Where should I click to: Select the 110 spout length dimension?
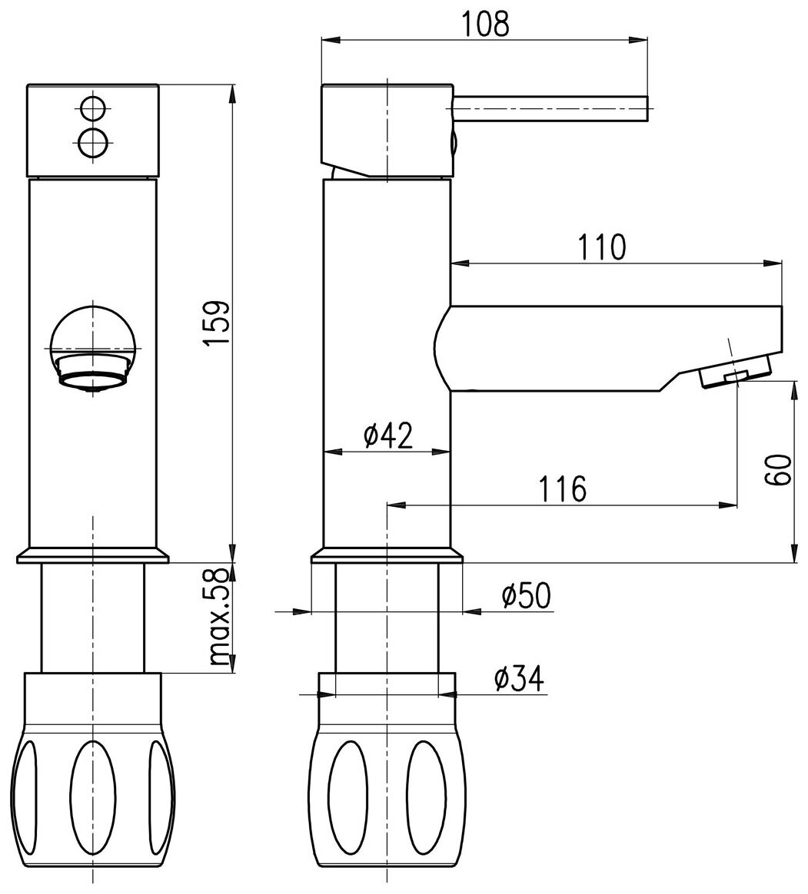tap(604, 248)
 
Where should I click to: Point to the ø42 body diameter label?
tap(387, 436)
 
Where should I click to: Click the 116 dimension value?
tap(562, 488)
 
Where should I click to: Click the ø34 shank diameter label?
tap(518, 679)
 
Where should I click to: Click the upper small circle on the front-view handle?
tap(93, 108)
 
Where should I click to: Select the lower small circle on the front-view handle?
tap(93, 142)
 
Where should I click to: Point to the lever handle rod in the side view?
tap(550, 109)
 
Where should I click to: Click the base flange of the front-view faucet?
tap(92, 555)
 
